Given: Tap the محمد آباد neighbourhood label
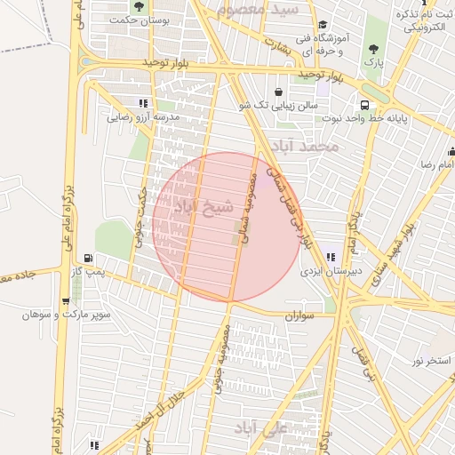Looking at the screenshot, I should pos(307,146).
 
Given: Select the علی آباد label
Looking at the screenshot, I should pos(262,428).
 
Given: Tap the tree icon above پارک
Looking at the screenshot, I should pos(372,50).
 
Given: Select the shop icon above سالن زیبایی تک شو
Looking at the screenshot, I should pos(278,92).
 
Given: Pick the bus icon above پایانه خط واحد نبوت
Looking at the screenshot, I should pos(363,104).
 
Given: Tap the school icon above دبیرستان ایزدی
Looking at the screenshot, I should pos(331,256).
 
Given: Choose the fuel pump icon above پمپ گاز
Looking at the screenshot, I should pos(87,257).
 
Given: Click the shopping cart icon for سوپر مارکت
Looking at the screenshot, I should pos(65,301).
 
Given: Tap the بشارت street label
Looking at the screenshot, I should pos(282,44).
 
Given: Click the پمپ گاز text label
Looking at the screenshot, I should pos(89,270).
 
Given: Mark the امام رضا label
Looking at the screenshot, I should pos(437,165).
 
